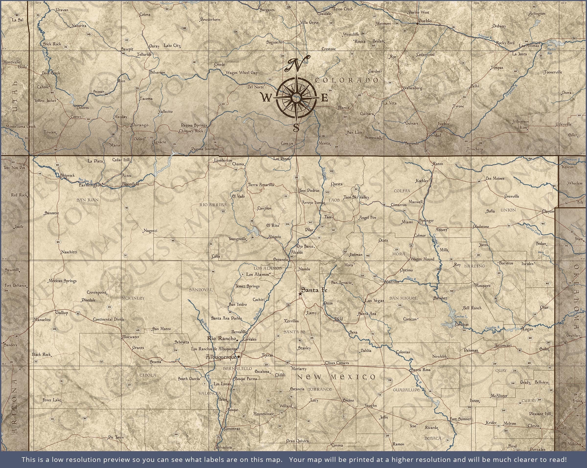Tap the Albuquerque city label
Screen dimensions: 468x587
[x=221, y=357]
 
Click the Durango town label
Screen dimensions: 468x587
[x=140, y=125]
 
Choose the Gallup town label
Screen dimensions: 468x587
[x=62, y=313]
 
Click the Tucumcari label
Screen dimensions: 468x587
[x=503, y=346]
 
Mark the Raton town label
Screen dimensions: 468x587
[x=438, y=164]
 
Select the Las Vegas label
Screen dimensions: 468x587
[x=374, y=301]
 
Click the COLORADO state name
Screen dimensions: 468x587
[x=347, y=80]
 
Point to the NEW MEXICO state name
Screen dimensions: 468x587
[x=336, y=377]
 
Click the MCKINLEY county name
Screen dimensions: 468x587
[x=133, y=298]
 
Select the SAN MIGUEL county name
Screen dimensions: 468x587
[x=403, y=298]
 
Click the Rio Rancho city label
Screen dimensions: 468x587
[x=221, y=338]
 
